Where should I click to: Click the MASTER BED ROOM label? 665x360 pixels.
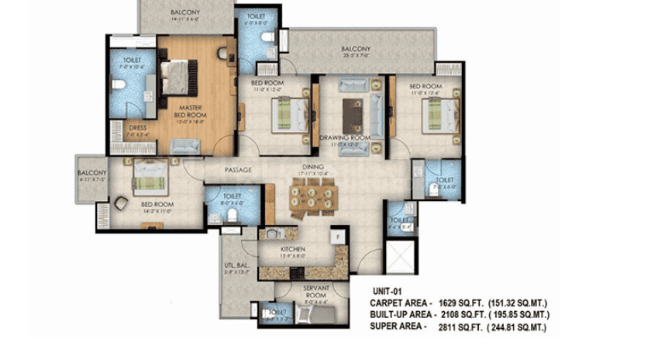pos(191,112)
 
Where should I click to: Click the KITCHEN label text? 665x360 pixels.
pos(293,249)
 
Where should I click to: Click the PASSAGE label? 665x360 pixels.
pos(239,170)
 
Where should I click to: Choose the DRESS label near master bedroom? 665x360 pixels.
pos(138,128)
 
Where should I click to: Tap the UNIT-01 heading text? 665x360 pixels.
pos(388,292)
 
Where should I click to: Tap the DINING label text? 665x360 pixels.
pos(313,167)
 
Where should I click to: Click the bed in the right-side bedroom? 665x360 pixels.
pos(437,116)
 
